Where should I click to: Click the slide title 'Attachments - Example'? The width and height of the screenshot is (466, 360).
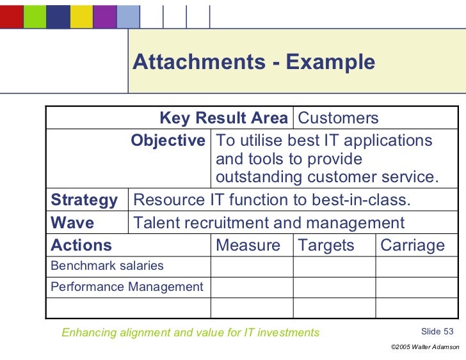[x=253, y=62]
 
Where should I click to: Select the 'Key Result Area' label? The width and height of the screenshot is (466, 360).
[x=223, y=118]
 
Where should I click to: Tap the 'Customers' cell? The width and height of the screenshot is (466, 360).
[x=338, y=118]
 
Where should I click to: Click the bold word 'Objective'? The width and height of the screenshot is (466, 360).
[x=168, y=141]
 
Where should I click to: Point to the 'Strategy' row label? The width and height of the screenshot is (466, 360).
[x=84, y=200]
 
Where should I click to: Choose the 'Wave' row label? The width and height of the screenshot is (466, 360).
[x=72, y=223]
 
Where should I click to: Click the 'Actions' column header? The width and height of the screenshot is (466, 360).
[x=81, y=246]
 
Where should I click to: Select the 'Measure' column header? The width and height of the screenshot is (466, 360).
[x=248, y=246]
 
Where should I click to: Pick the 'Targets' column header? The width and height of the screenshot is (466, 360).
[x=326, y=246]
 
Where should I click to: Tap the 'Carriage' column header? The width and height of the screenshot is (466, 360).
[x=412, y=246]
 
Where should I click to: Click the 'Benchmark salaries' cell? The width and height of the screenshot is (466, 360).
[x=107, y=266]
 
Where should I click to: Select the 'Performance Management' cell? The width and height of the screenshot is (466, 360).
[x=127, y=287]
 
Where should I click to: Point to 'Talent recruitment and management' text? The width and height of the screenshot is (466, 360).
[x=268, y=223]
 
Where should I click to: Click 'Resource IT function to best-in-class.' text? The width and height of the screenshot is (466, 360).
[x=271, y=200]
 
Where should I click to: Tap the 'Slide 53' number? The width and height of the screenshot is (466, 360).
[x=437, y=331]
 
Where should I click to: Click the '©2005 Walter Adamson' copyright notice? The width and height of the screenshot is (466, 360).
[x=424, y=347]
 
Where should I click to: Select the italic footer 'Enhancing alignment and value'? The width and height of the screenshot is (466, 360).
[x=190, y=333]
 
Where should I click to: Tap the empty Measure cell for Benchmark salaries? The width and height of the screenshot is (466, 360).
[x=252, y=267]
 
